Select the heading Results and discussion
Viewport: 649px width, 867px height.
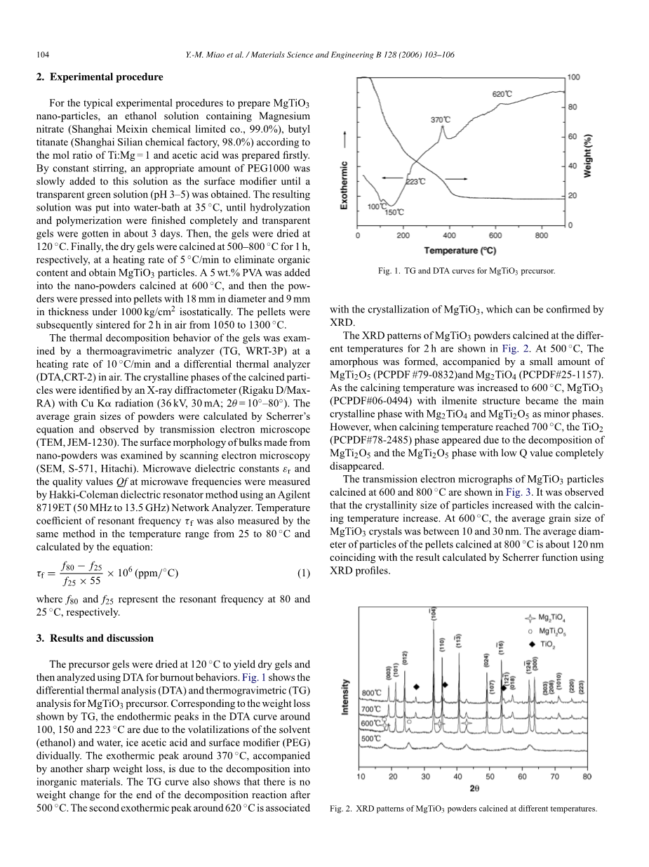pyautogui.click(x=100, y=638)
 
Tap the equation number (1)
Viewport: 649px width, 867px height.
pyautogui.click(x=303, y=573)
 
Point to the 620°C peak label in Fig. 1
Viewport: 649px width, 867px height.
pyautogui.click(x=502, y=94)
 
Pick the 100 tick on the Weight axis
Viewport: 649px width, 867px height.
pyautogui.click(x=573, y=77)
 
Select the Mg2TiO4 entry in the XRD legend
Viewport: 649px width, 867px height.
pyautogui.click(x=547, y=618)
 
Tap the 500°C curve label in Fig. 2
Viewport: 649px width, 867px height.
pyautogui.click(x=371, y=738)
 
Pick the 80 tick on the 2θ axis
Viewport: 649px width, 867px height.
pyautogui.click(x=587, y=776)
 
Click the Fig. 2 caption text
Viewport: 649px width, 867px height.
pyautogui.click(x=463, y=809)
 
